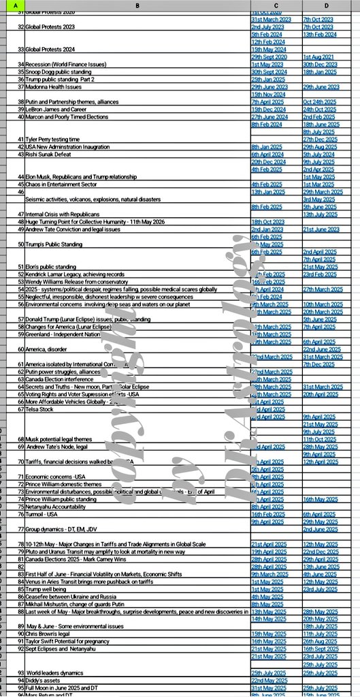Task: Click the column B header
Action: (135, 6)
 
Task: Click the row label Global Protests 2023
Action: (54, 26)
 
